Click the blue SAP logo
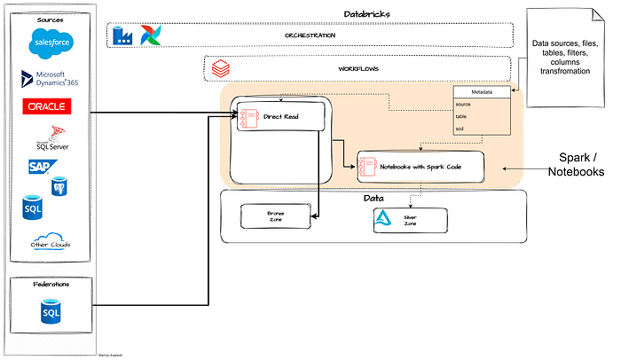point(38,166)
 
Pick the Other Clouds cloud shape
point(50,243)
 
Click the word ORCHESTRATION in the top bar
point(310,35)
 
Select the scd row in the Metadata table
point(461,129)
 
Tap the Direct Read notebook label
point(279,116)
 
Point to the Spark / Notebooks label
point(581,165)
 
